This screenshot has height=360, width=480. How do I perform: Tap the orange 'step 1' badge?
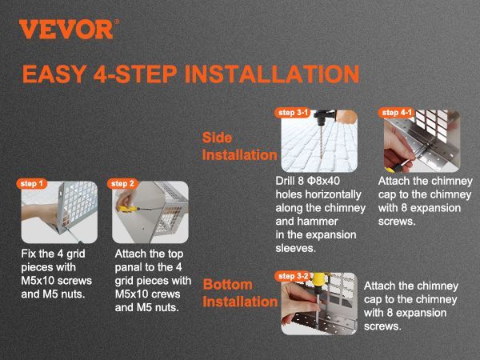point(32,184)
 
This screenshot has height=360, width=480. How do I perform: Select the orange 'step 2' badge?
point(122,184)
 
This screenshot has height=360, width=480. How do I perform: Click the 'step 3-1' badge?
point(293,113)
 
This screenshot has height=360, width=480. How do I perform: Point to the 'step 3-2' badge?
point(293,276)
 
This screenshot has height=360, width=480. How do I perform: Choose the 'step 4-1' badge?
point(397,113)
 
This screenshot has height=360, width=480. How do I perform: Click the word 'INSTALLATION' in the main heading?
point(272,74)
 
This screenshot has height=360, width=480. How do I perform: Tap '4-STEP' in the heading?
point(135,74)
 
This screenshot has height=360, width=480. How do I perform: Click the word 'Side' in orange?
point(217,138)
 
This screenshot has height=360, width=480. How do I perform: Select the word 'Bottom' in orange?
point(228,285)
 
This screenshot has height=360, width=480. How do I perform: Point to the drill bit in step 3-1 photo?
point(321,142)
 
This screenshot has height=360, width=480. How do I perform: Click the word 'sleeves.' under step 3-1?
point(295,248)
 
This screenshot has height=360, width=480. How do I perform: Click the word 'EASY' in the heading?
point(54,74)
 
